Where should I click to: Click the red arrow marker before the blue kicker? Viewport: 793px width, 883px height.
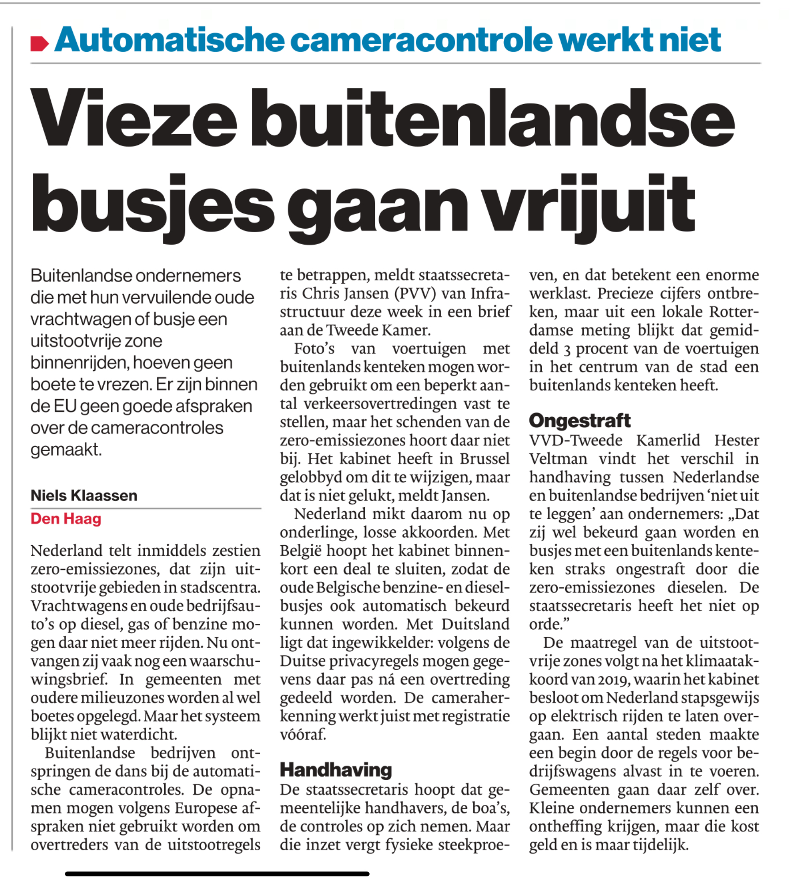coord(39,43)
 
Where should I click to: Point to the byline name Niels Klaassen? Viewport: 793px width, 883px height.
coord(84,495)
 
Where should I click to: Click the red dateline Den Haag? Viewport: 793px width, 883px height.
coord(66,519)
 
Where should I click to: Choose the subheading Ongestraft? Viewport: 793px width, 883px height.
coord(580,420)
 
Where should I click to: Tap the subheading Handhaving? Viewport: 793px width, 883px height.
coord(336,770)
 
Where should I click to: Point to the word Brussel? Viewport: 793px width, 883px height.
coord(484,458)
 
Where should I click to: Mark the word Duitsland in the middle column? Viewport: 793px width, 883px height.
coord(476,624)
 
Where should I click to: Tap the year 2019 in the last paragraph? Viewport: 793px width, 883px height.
coord(612,679)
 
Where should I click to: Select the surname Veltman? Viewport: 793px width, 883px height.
coord(558,458)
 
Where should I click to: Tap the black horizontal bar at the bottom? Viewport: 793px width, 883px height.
coord(217,873)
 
